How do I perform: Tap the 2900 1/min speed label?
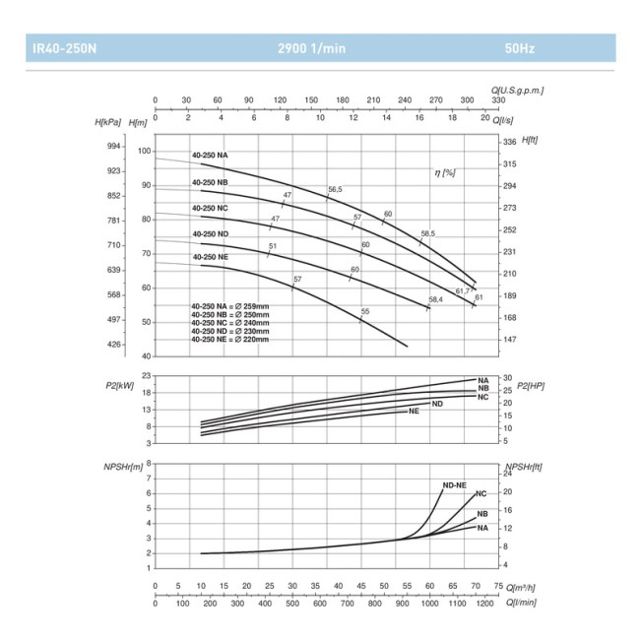click(x=311, y=47)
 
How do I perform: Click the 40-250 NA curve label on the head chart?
click(x=210, y=156)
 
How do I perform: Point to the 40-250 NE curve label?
click(x=210, y=256)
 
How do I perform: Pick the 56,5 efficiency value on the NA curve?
click(x=335, y=189)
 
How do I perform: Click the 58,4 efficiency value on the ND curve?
click(x=435, y=299)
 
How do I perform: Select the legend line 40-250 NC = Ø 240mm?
click(x=229, y=322)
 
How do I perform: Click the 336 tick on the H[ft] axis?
click(x=510, y=142)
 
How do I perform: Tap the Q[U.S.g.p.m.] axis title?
click(x=517, y=90)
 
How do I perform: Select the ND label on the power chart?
click(x=437, y=404)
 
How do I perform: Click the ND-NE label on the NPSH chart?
click(x=454, y=484)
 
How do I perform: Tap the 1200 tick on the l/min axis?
click(x=483, y=602)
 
